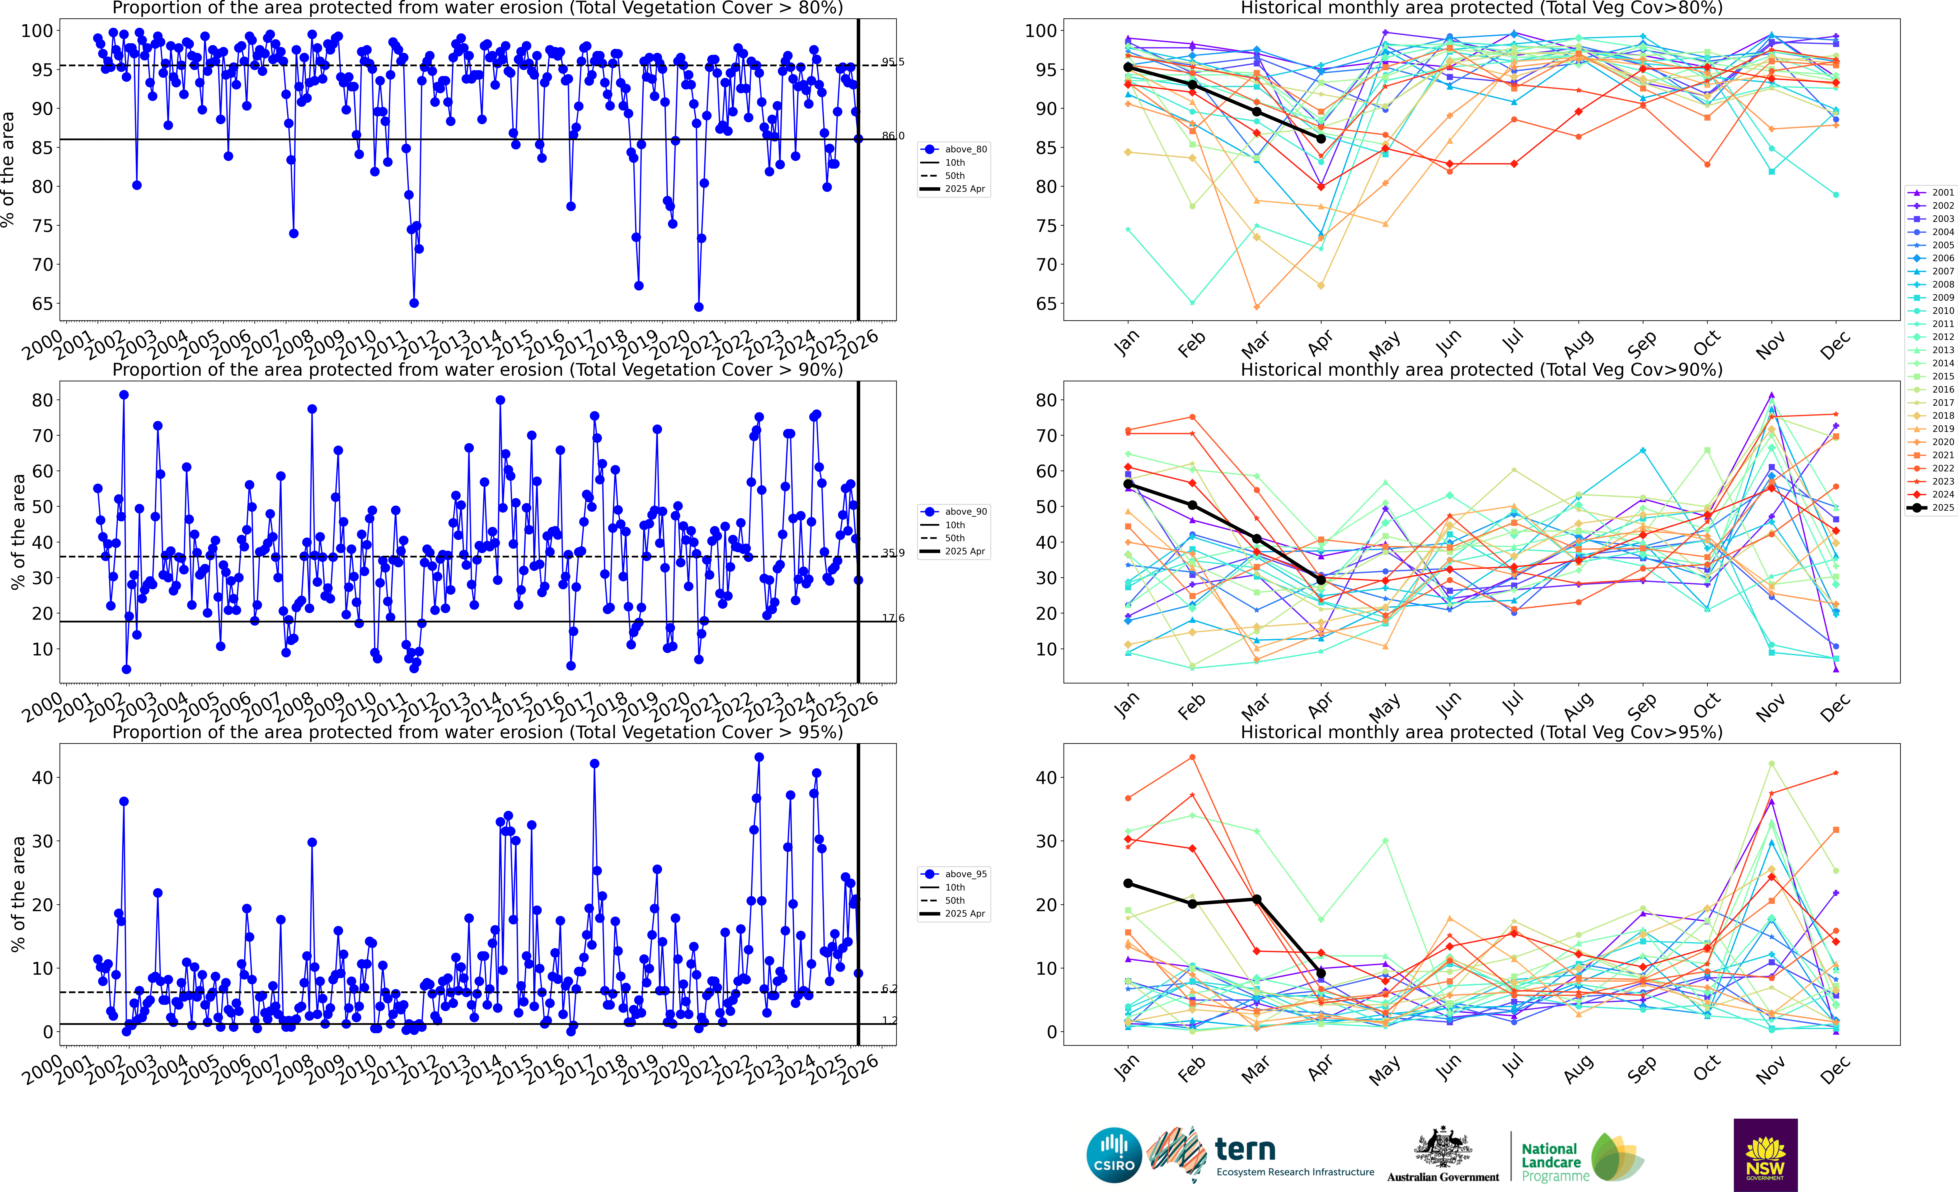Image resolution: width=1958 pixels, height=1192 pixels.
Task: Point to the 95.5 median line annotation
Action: (892, 62)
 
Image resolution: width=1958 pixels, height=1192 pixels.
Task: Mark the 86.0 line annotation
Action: (892, 136)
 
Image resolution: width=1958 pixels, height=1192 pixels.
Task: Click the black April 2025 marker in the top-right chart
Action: (1321, 138)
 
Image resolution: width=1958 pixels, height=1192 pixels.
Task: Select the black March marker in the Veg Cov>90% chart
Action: (1256, 539)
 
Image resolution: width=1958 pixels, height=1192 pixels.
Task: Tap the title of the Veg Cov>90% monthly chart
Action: (1481, 370)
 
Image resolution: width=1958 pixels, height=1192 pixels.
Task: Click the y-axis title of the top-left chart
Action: (8, 169)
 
